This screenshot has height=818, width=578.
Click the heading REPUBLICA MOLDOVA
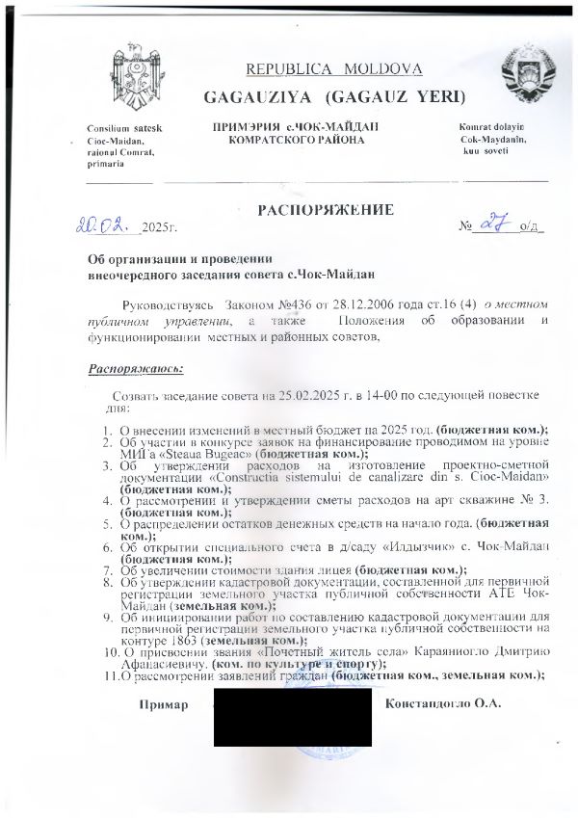(x=334, y=69)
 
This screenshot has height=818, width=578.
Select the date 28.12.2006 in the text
(x=342, y=303)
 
